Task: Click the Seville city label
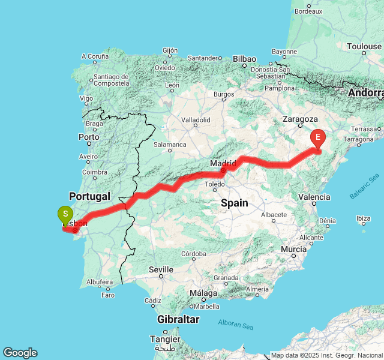click(161, 269)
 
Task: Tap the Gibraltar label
click(178, 319)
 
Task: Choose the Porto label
click(89, 137)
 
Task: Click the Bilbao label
click(245, 59)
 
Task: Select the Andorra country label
click(366, 93)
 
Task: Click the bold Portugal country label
click(89, 196)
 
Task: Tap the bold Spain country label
click(234, 203)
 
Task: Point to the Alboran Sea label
click(236, 326)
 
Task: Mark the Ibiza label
click(363, 218)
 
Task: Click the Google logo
click(19, 353)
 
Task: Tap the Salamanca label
click(170, 145)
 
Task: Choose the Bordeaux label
click(309, 11)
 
